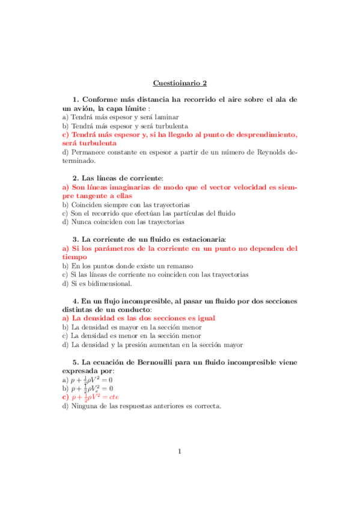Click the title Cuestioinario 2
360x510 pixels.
pyautogui.click(x=180, y=83)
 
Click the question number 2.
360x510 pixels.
pyautogui.click(x=75, y=178)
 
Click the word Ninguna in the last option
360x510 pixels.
pyautogui.click(x=85, y=405)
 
